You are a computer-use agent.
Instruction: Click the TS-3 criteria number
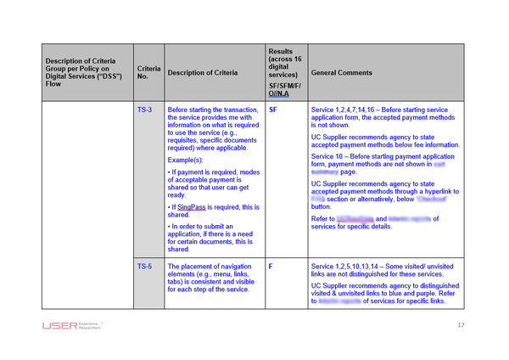tap(144, 110)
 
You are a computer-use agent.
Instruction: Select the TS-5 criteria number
tap(144, 266)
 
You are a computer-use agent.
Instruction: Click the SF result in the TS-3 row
tap(272, 110)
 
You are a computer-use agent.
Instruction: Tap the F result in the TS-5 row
tap(270, 266)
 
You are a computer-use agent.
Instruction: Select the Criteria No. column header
tap(148, 73)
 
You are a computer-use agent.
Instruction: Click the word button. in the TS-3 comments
tap(322, 205)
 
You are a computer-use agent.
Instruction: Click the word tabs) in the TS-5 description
tap(178, 282)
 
